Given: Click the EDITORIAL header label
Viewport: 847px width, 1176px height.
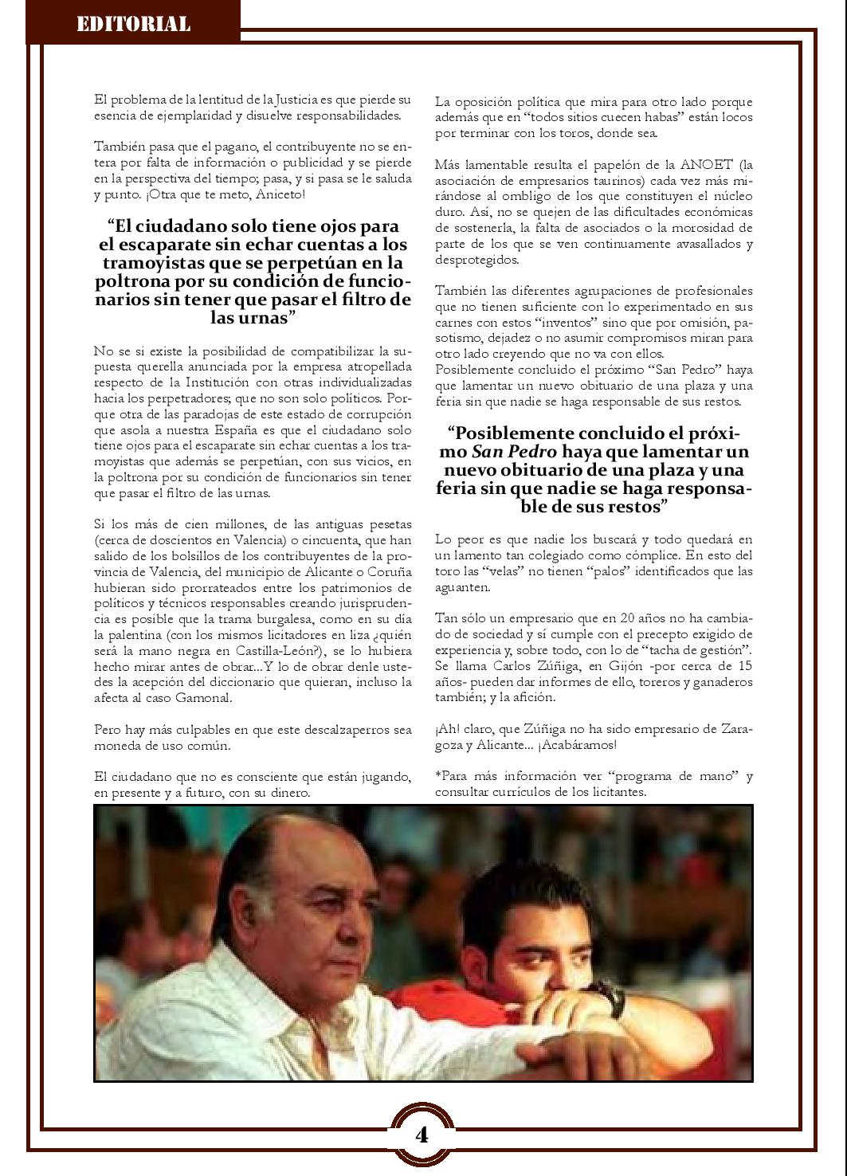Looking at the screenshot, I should (x=133, y=25).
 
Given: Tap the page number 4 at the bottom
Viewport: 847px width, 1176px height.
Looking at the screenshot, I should (x=422, y=1134).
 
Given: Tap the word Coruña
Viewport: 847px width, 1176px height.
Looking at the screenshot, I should (x=389, y=571).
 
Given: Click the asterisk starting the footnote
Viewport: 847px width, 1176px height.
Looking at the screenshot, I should (x=437, y=775).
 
